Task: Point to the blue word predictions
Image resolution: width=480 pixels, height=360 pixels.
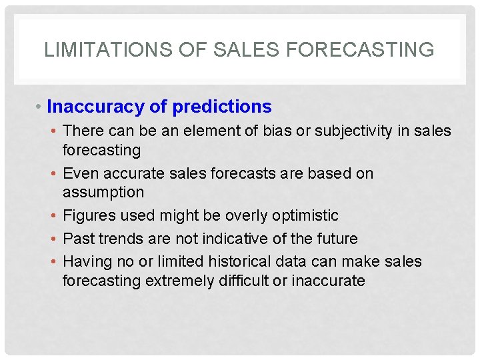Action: (222, 107)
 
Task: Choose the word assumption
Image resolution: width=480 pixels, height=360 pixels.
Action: (103, 192)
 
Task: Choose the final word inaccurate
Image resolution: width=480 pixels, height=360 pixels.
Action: (328, 281)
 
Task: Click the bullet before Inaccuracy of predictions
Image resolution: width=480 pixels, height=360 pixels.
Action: (39, 107)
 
